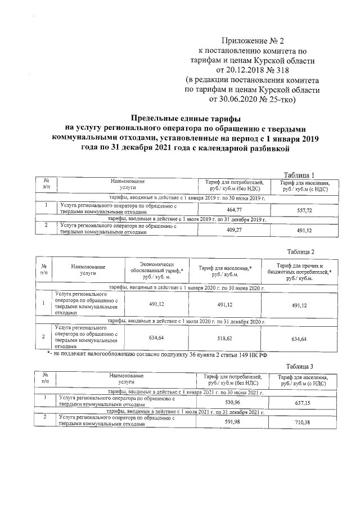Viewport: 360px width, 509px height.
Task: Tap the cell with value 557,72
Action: coord(304,209)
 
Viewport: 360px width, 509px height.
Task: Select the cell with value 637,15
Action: coord(304,403)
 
